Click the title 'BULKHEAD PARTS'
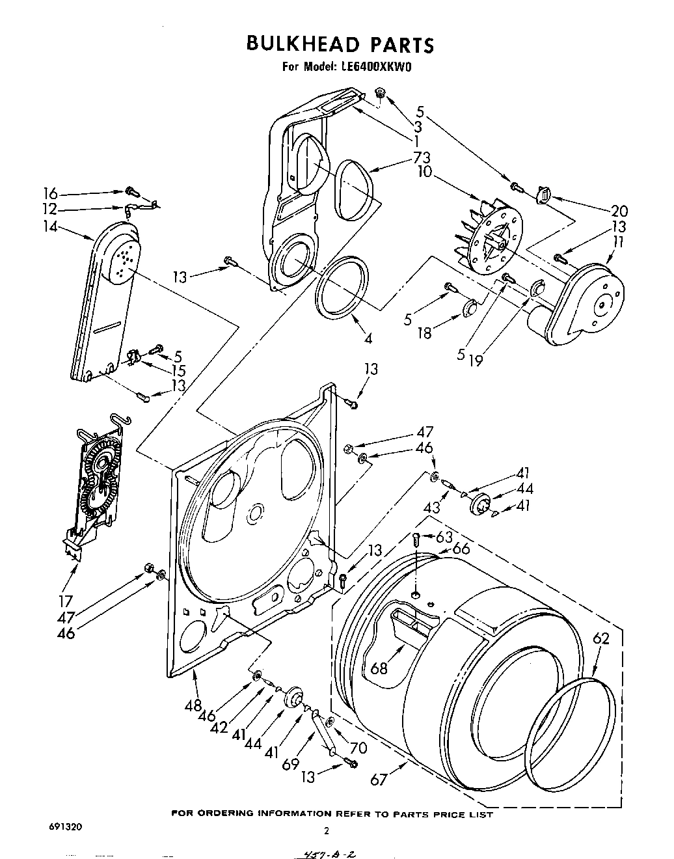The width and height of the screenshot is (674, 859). click(x=339, y=44)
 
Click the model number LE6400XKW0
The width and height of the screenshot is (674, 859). click(x=375, y=66)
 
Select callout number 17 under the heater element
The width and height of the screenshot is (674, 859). click(x=66, y=601)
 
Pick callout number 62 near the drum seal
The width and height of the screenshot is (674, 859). click(x=600, y=638)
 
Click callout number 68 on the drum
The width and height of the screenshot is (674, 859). click(x=379, y=668)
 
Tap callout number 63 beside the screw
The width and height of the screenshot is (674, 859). click(x=444, y=537)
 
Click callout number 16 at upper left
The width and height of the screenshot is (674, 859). click(x=51, y=193)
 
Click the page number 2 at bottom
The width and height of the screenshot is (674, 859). click(x=327, y=830)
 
